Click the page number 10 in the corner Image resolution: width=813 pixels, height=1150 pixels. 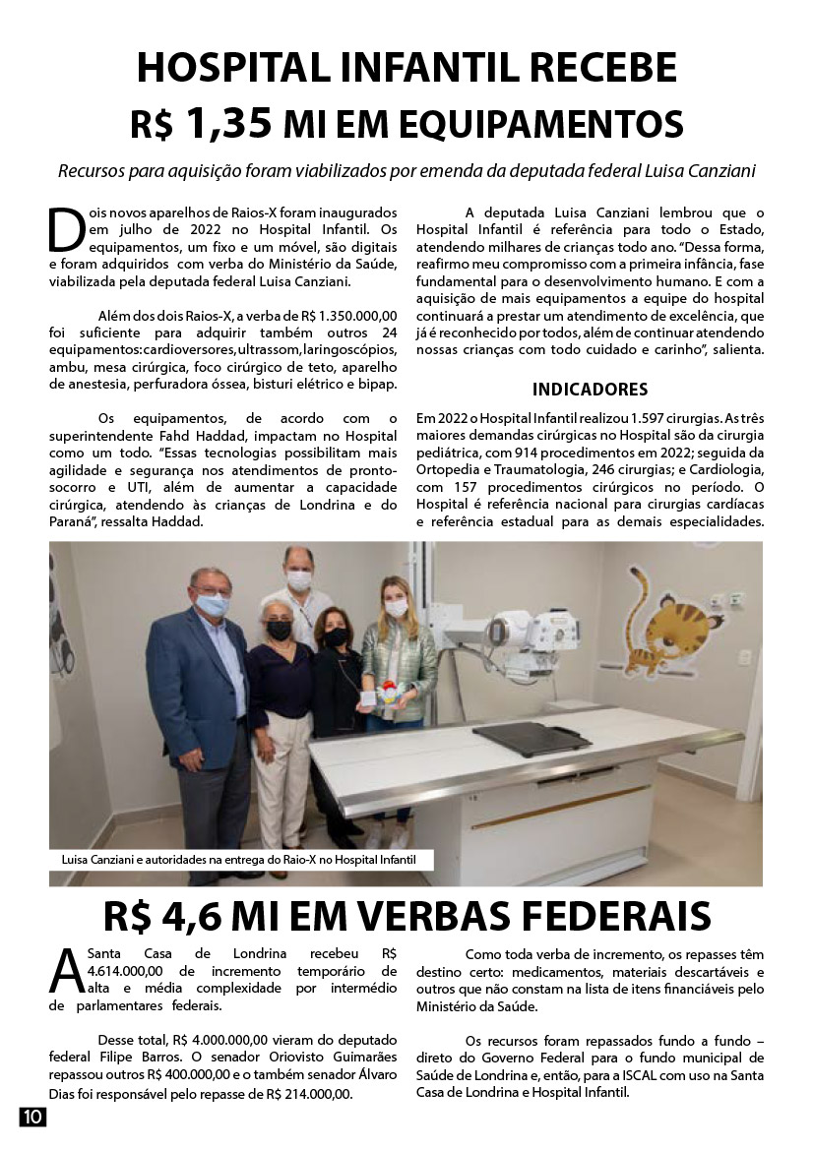coord(31,1117)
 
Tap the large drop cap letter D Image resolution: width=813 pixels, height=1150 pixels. coord(64,229)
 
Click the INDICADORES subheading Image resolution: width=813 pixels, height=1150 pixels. coord(590,389)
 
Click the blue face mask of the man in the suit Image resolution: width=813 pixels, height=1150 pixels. coord(212,605)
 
